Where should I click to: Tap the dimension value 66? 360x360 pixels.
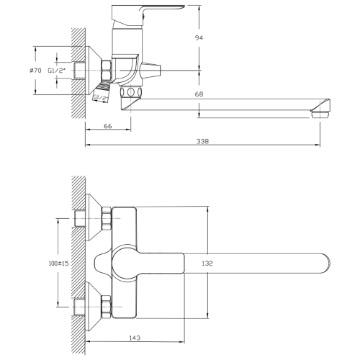coord(107,127)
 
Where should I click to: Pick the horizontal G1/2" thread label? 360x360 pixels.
coord(58,71)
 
